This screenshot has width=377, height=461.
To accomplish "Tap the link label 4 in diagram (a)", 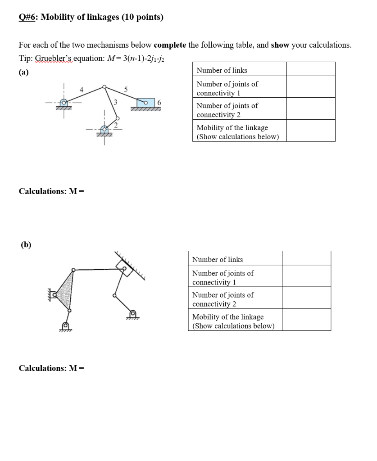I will [81, 90].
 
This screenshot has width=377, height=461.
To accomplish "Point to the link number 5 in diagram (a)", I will [126, 90].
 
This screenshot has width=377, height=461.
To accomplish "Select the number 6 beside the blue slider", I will [159, 103].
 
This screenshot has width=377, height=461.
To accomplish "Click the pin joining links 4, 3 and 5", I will [104, 87].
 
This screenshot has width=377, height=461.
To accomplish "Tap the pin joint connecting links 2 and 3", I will [118, 118].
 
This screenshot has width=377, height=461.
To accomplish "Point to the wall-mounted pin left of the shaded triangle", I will [55, 295].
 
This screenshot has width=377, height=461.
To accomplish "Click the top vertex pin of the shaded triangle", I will [73, 270].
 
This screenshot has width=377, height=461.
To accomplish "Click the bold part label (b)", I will [26, 245].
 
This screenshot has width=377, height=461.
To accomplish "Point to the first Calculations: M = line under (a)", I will [51, 191].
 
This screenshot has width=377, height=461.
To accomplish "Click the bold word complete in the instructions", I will [170, 45].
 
